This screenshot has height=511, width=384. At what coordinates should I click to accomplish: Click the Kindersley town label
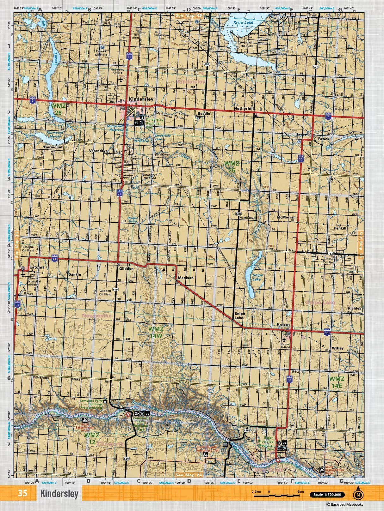click(141, 99)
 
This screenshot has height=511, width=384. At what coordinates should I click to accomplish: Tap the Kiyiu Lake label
click(244, 22)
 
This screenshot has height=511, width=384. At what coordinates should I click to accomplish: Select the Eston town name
click(283, 324)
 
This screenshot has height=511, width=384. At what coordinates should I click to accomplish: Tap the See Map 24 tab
click(189, 475)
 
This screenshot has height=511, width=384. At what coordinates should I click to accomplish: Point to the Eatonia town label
click(37, 267)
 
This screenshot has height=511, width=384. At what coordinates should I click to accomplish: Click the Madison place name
click(186, 278)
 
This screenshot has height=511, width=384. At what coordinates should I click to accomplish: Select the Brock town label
click(324, 139)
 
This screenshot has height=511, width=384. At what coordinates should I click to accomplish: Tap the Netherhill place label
click(244, 108)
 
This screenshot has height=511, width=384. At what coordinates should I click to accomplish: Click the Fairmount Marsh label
click(55, 135)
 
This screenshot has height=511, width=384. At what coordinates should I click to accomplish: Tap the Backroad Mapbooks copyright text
click(344, 505)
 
